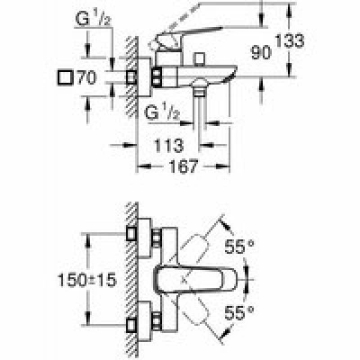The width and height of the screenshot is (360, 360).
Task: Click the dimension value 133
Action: point(290,40)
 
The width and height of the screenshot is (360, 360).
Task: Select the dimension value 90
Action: point(261,53)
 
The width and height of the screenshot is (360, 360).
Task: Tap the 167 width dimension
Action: point(184,166)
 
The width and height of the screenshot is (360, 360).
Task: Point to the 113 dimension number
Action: point(168,146)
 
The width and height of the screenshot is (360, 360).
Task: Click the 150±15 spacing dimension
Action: point(86,281)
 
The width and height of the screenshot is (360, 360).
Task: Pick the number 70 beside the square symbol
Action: point(87,77)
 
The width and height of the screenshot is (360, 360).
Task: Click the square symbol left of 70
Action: point(65,78)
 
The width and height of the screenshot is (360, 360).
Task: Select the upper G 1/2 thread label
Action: point(94,19)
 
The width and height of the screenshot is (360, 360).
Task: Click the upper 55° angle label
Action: point(239,247)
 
